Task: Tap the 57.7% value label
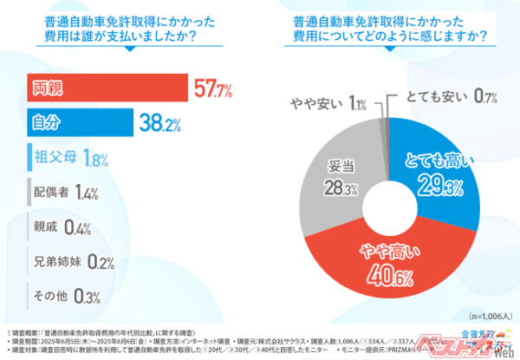[x=214, y=88]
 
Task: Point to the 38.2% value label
[x=163, y=123]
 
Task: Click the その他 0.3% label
[x=61, y=296]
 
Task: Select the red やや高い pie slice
[x=381, y=256]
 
